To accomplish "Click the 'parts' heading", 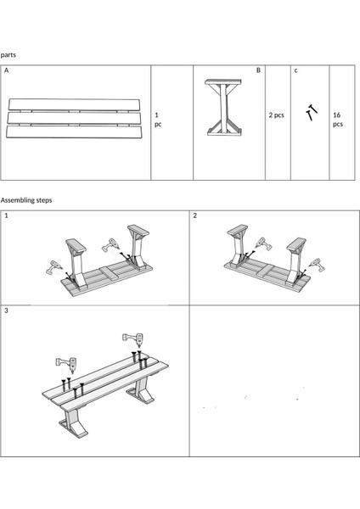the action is click(x=8, y=54).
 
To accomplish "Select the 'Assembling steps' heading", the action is click(x=26, y=200).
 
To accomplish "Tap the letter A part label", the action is click(x=7, y=70).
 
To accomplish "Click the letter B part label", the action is click(x=258, y=70).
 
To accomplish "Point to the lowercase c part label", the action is click(x=295, y=70).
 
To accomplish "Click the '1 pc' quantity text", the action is click(x=158, y=120).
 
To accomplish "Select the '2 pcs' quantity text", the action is click(x=276, y=115).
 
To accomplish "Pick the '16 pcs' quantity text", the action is click(x=338, y=120).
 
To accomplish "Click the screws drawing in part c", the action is click(x=312, y=112).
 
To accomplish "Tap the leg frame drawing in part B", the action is click(x=224, y=107).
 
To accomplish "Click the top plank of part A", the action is click(x=74, y=104).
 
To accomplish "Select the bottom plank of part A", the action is click(x=74, y=132).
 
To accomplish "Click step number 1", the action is click(x=6, y=215).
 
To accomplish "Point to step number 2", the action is click(x=195, y=215).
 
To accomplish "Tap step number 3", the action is click(x=6, y=310).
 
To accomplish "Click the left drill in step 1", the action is click(x=53, y=268).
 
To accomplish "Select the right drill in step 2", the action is click(x=317, y=265).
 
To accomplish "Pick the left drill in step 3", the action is click(x=67, y=362).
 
